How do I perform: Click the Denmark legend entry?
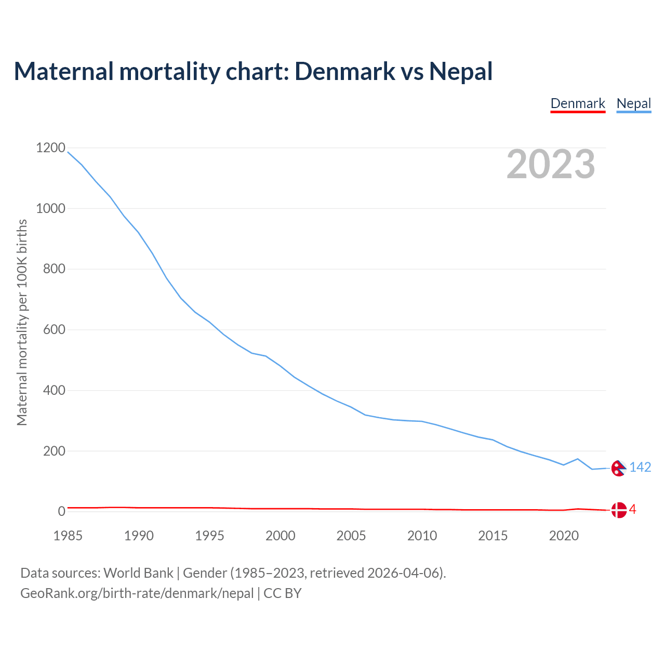point(578,103)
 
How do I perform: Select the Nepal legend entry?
point(633,103)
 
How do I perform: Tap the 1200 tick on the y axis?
point(51,148)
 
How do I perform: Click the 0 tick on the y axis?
point(62,511)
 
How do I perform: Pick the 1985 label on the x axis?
point(68,536)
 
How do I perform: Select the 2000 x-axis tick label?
point(281,536)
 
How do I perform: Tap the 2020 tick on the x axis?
point(564,536)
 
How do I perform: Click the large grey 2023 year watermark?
point(551,164)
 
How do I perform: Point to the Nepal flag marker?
point(618,468)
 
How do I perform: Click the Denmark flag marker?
point(618,510)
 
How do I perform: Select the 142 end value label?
point(640,468)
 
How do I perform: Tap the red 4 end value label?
point(632,510)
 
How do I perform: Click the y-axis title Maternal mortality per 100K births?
point(22,322)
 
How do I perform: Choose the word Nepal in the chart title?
point(460,71)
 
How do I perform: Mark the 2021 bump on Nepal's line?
point(578,459)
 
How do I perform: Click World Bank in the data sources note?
point(138,573)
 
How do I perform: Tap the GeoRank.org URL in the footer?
point(137,593)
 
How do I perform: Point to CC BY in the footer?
point(283,593)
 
